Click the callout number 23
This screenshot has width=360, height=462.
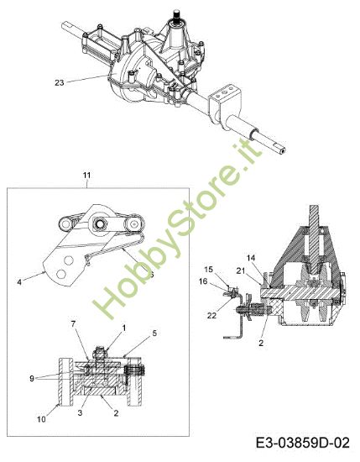(60, 81)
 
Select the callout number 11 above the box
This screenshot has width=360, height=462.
(86, 175)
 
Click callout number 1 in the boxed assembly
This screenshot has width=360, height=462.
(123, 327)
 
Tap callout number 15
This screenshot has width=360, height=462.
(209, 270)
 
